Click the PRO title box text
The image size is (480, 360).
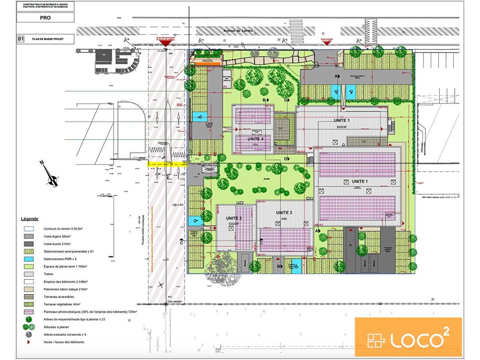[45, 18]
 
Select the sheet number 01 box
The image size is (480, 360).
[21, 39]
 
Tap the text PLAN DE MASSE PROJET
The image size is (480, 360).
[48, 39]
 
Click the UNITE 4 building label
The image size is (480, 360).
[255, 139]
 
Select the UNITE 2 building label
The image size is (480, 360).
[234, 218]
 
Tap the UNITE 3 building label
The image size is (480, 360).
[284, 213]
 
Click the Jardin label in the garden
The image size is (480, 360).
[267, 179]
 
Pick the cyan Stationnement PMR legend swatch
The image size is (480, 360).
[29, 259]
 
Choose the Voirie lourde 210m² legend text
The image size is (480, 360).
[57, 244]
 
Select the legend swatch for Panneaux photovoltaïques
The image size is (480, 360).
[29, 312]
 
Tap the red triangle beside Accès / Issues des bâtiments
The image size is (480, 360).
[28, 342]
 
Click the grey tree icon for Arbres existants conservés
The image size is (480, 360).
[28, 334]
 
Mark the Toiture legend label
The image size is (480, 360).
[49, 274]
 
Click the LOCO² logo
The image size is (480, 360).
[408, 337]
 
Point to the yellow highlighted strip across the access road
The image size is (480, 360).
[166, 164]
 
